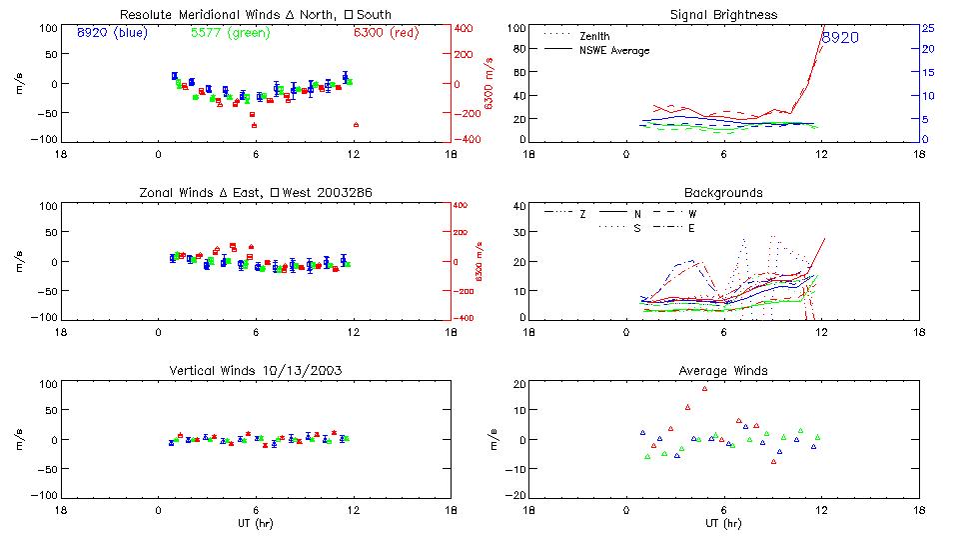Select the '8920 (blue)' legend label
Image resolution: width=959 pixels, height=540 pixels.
pyautogui.click(x=112, y=33)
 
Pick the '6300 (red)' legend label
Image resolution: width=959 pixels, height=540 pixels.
pyautogui.click(x=387, y=33)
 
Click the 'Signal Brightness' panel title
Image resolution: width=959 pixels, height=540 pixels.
pyautogui.click(x=723, y=15)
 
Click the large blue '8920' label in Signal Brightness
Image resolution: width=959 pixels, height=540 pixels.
pyautogui.click(x=840, y=38)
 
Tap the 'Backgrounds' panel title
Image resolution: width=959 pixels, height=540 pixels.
pyautogui.click(x=723, y=192)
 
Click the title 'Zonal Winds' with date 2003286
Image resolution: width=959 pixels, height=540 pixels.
pyautogui.click(x=255, y=192)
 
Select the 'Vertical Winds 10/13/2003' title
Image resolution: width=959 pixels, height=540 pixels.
pyautogui.click(x=255, y=371)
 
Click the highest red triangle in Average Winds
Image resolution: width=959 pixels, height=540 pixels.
pyautogui.click(x=704, y=388)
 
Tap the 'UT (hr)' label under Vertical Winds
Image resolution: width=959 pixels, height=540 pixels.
pyautogui.click(x=255, y=523)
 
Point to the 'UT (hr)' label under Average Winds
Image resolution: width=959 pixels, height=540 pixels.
pyautogui.click(x=723, y=523)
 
